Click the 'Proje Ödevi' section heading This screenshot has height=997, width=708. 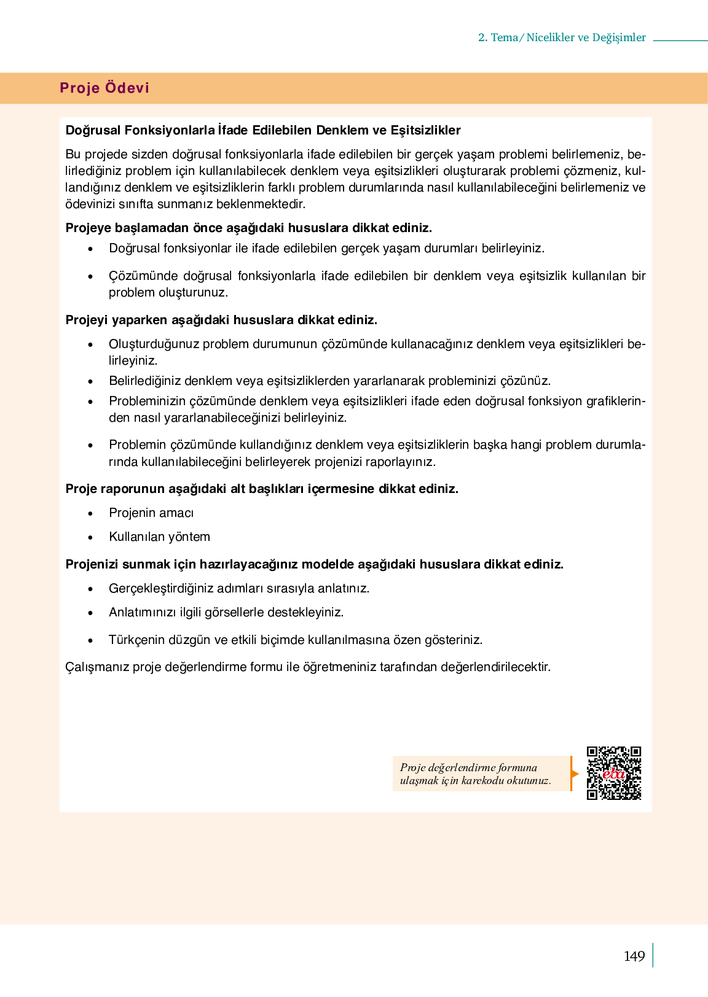pos(104,88)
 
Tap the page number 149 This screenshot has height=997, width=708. pos(634,956)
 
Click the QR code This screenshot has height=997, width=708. pos(613,773)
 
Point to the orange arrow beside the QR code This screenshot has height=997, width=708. pos(575,774)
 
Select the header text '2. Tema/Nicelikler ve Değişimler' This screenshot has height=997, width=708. pos(562,37)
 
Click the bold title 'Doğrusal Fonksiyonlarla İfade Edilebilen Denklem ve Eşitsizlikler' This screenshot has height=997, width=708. pos(263,130)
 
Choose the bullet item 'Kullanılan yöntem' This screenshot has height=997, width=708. pos(159,537)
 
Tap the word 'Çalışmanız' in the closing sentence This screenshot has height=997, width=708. pos(97,667)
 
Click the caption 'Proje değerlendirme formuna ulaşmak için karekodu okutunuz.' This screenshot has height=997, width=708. pos(475,774)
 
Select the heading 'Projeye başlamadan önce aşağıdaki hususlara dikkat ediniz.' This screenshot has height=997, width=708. pos(249,228)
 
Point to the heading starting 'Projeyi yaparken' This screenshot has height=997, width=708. pos(221,320)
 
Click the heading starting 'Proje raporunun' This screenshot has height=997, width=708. pos(262,489)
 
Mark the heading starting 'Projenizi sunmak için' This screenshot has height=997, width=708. pos(314,564)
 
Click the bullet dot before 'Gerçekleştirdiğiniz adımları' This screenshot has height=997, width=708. pos(91,589)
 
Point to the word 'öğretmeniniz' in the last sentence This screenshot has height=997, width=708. pos(339,667)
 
